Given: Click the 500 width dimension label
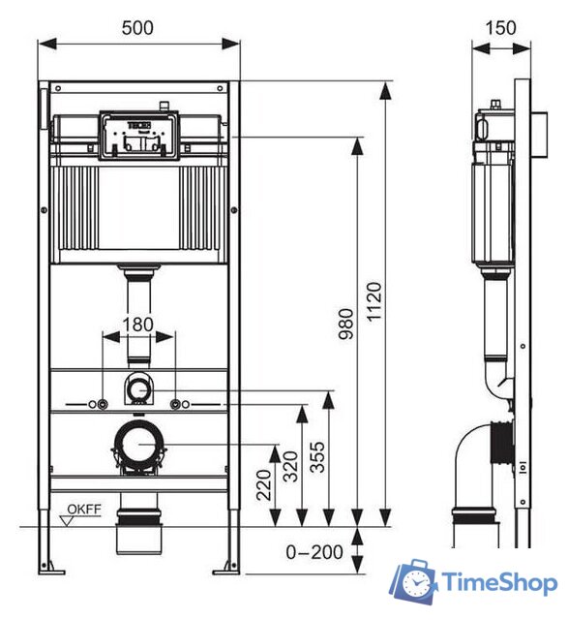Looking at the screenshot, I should coord(137,28).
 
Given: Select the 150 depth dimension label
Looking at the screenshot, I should coord(500,28).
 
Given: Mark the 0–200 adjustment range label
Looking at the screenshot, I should coord(314,552).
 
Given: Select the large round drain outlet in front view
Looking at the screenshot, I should coord(138,447).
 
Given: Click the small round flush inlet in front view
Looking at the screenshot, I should coord(139,390).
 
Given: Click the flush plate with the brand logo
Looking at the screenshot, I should coord(138,135).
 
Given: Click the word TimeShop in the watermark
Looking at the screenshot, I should coord(500,583).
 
